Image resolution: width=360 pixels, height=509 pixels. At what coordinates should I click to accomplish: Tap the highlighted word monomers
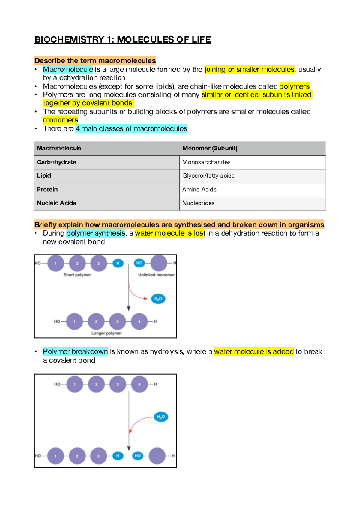point(60,120)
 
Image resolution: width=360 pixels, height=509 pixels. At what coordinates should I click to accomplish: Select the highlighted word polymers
point(294,86)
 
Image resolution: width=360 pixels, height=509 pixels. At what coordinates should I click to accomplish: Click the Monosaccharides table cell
point(206,162)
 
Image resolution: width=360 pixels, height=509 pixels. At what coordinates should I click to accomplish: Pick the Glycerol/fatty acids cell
point(208,176)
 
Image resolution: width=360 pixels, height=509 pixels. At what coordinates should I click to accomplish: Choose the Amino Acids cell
point(199,190)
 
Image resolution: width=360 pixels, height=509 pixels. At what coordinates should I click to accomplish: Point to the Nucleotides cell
point(198,203)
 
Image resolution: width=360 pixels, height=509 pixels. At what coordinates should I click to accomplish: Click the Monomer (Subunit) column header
point(210,148)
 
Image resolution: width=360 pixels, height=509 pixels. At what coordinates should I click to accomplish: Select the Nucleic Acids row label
point(57,203)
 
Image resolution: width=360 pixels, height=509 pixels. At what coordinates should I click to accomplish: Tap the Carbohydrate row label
point(57,162)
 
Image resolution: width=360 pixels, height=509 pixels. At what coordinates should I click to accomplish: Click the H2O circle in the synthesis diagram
point(158,299)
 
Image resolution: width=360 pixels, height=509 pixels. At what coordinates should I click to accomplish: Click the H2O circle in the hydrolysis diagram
point(161,417)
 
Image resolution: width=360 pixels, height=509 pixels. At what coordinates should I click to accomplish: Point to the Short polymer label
point(77,275)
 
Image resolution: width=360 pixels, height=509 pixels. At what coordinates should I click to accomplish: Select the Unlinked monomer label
point(156,275)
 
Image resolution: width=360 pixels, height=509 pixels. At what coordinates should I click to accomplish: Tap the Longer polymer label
point(106,333)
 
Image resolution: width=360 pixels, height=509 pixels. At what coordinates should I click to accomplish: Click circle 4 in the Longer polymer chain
point(139,321)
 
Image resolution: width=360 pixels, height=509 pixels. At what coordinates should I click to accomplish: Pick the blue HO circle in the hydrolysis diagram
point(138,456)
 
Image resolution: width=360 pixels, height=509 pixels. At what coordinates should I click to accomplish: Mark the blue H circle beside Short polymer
point(118,263)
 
